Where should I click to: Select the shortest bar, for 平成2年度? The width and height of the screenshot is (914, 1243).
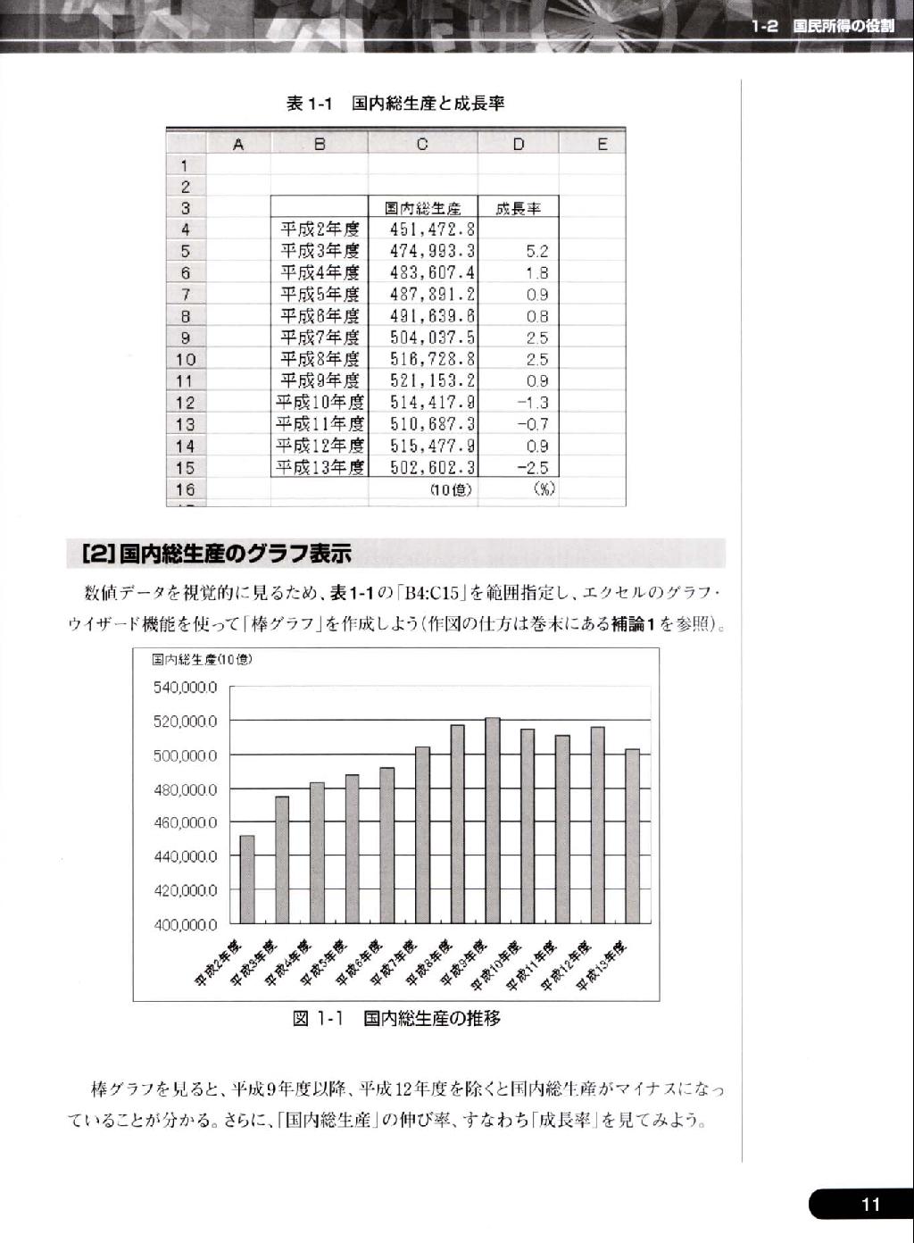click(x=247, y=879)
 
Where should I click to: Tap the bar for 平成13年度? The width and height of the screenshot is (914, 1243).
click(x=632, y=836)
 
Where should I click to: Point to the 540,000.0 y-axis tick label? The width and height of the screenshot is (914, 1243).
click(x=185, y=687)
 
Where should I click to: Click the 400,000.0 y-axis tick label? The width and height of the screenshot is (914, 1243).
click(x=185, y=924)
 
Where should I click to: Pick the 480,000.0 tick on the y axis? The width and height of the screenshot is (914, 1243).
click(x=185, y=789)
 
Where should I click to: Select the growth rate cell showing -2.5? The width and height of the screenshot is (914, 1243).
click(x=533, y=468)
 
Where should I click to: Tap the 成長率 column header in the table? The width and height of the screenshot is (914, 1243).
click(x=519, y=208)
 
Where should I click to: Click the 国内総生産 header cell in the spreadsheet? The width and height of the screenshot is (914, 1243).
click(x=423, y=208)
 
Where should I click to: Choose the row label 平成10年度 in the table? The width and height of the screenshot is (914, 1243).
click(x=320, y=403)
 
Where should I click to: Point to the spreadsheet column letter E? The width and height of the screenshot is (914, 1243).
click(x=602, y=144)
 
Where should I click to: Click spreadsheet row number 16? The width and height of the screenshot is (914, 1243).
click(x=185, y=489)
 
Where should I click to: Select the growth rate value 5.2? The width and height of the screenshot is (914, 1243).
click(x=537, y=252)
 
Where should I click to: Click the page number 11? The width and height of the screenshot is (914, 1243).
click(x=870, y=1205)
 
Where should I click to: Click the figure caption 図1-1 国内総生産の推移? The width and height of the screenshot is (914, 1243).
click(x=396, y=1018)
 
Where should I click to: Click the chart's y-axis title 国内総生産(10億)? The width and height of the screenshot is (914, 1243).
click(x=202, y=659)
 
